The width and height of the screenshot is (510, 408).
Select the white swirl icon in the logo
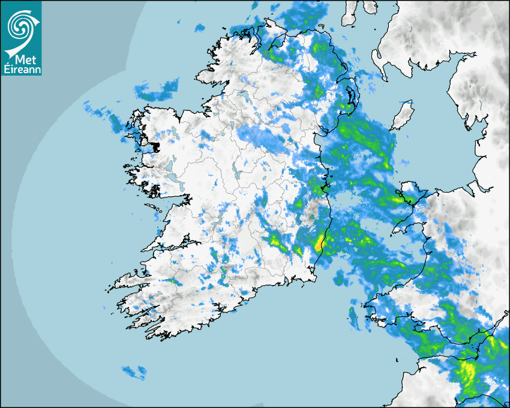20,27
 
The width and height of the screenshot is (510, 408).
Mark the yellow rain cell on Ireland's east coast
320,243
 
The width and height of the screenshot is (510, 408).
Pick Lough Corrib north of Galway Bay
173,180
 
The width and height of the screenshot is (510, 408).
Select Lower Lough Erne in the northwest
242,96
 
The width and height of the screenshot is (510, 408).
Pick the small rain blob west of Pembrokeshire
353,318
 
